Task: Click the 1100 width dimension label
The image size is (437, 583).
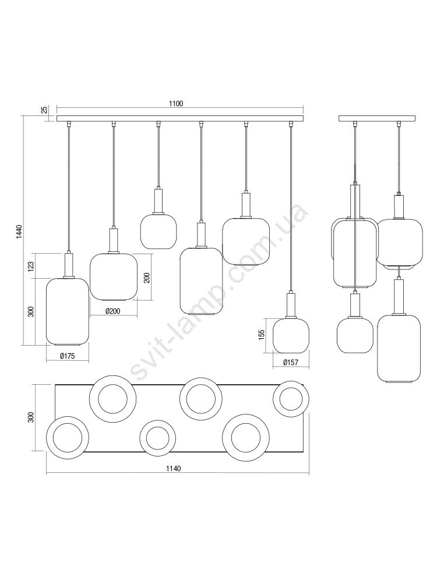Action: point(176,104)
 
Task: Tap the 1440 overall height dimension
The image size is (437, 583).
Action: point(19,233)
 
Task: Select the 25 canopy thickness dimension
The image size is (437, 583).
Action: point(44,110)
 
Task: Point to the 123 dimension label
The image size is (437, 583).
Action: point(31,265)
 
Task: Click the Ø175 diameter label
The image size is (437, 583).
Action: point(67,356)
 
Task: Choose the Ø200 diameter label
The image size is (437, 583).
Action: point(112,311)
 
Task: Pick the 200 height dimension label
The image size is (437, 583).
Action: point(147,278)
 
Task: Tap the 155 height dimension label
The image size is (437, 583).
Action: point(261,335)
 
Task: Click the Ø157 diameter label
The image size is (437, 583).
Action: point(291,362)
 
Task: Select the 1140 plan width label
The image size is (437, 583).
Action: point(174,469)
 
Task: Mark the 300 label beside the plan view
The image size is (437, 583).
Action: point(31,417)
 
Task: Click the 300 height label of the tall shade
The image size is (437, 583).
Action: point(31,311)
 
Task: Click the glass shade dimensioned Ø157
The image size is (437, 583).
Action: point(291,335)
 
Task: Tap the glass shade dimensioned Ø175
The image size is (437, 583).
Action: point(67,311)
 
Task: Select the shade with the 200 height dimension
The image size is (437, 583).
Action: point(114,277)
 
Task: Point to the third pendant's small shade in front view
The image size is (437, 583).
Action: point(158,231)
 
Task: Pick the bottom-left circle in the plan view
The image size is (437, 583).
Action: point(68,437)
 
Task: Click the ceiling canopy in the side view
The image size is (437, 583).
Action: point(377,118)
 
